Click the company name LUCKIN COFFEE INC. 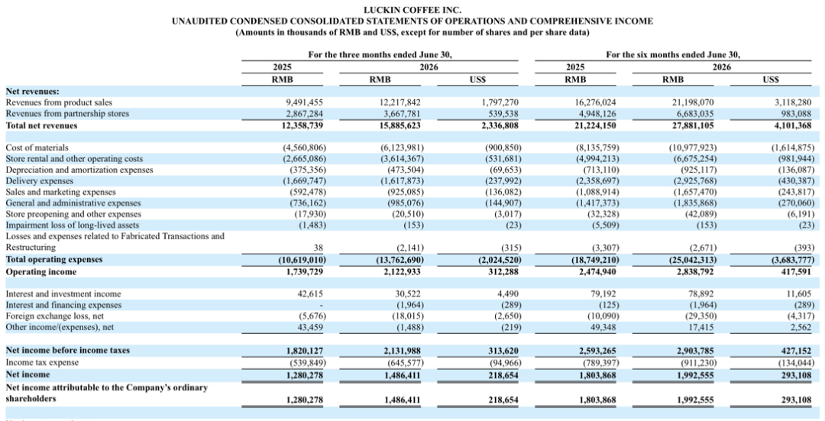[412, 10]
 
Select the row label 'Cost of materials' [37, 148]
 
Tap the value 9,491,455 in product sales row [302, 102]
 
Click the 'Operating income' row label [41, 272]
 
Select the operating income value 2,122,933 [400, 272]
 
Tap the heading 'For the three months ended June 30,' [380, 55]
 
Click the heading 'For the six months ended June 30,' [673, 55]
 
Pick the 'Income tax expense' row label [42, 363]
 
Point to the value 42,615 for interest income [310, 294]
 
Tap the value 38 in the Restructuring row [319, 248]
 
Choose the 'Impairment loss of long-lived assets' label [73, 225]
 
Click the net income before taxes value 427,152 [797, 351]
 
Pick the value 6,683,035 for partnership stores [694, 114]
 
